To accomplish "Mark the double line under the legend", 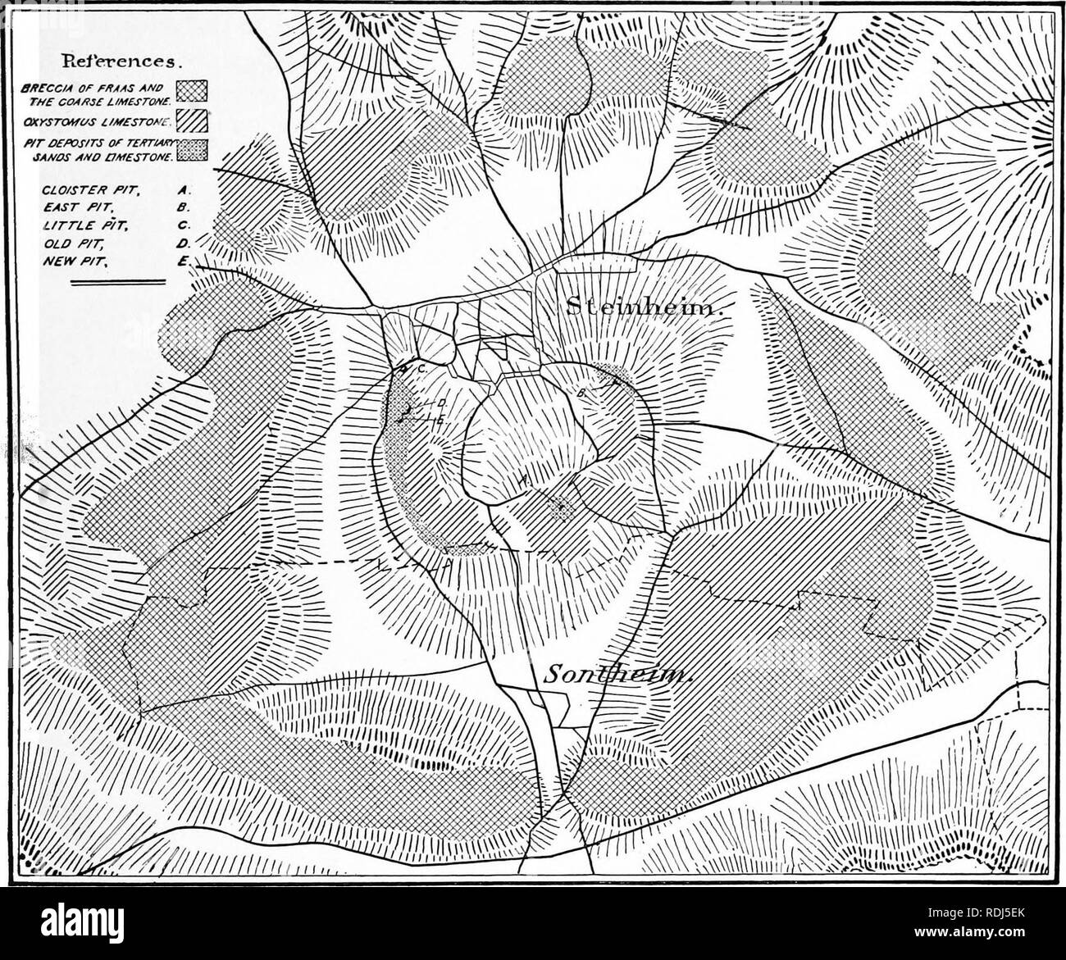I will point(119,283).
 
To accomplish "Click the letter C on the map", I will point(420,370).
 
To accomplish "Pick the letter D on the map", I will point(440,403).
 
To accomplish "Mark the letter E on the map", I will point(440,420).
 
